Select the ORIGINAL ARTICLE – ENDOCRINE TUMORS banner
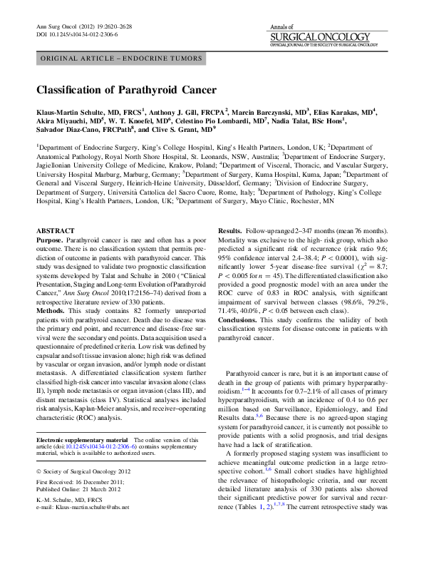click(x=122, y=59)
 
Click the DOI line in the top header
click(x=76, y=34)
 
